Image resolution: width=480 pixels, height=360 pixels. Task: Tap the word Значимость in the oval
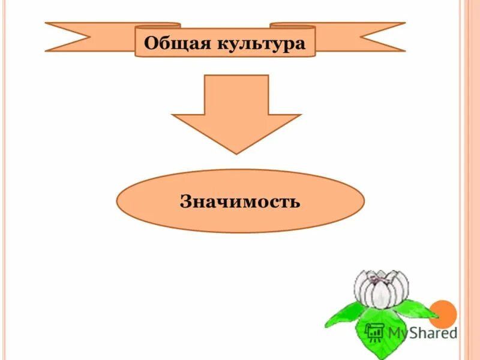[x=239, y=201]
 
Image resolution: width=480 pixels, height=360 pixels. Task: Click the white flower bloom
[x=380, y=289]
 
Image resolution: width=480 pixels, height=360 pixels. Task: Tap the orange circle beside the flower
[x=445, y=313]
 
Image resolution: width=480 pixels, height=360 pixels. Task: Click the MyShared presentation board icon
[x=375, y=332]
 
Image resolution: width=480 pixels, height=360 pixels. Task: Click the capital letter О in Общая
[x=151, y=43]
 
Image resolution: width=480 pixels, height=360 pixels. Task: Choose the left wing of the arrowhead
[x=189, y=120]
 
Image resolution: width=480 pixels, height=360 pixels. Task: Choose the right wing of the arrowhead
[x=284, y=120]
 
